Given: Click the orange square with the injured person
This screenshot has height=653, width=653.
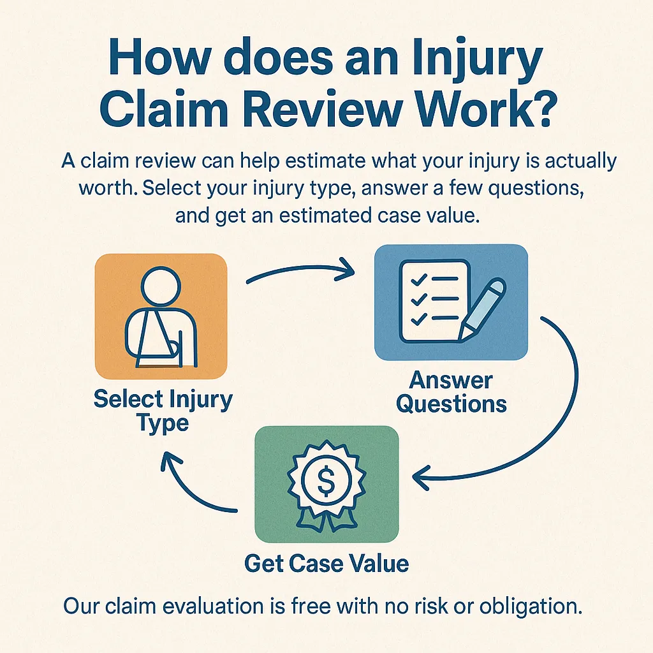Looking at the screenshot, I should (161, 316).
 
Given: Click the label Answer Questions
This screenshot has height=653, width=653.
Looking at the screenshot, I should (451, 392).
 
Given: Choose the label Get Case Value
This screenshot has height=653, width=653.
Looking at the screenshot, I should (326, 563).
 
